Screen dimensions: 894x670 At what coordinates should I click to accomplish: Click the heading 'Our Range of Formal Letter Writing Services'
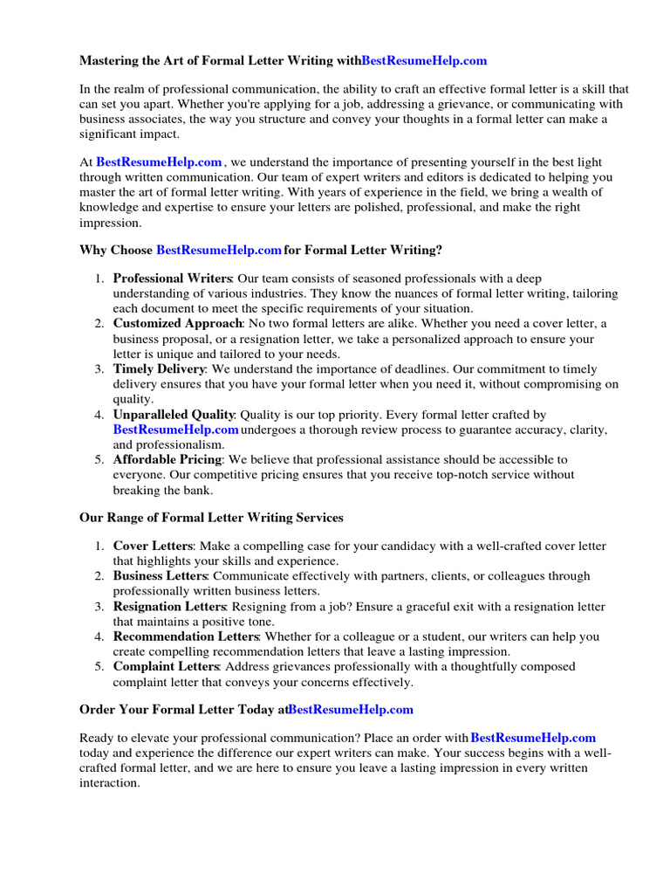coord(211,518)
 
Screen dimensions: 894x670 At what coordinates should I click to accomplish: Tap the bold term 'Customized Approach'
coord(177,324)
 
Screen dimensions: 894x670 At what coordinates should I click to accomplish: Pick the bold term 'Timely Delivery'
coord(159,369)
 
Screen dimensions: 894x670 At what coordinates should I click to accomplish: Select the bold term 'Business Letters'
coord(161,576)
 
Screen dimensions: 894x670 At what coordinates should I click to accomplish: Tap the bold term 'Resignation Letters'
coord(170,607)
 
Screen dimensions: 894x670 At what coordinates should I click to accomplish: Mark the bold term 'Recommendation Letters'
coord(185,636)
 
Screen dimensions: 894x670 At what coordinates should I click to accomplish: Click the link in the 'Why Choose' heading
coord(219,251)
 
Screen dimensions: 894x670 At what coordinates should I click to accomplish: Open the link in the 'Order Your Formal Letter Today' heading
coord(351,710)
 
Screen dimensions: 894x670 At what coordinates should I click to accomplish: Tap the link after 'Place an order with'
coord(533,739)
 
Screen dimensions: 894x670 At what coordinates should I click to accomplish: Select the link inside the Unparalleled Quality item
coord(175,430)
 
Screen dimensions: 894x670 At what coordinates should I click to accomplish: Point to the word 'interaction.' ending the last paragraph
coord(109,783)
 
